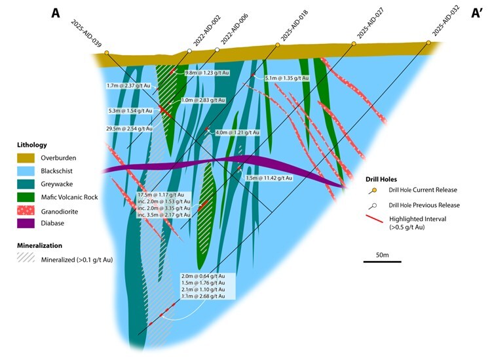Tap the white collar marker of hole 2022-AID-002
point(189,50)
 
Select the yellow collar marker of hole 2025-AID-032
point(429,43)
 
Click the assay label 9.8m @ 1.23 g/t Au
point(207,73)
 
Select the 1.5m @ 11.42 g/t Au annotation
point(269,178)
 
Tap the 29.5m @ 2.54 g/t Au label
point(130,129)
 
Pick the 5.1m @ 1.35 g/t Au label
point(287,79)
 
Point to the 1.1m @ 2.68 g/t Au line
point(207,297)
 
